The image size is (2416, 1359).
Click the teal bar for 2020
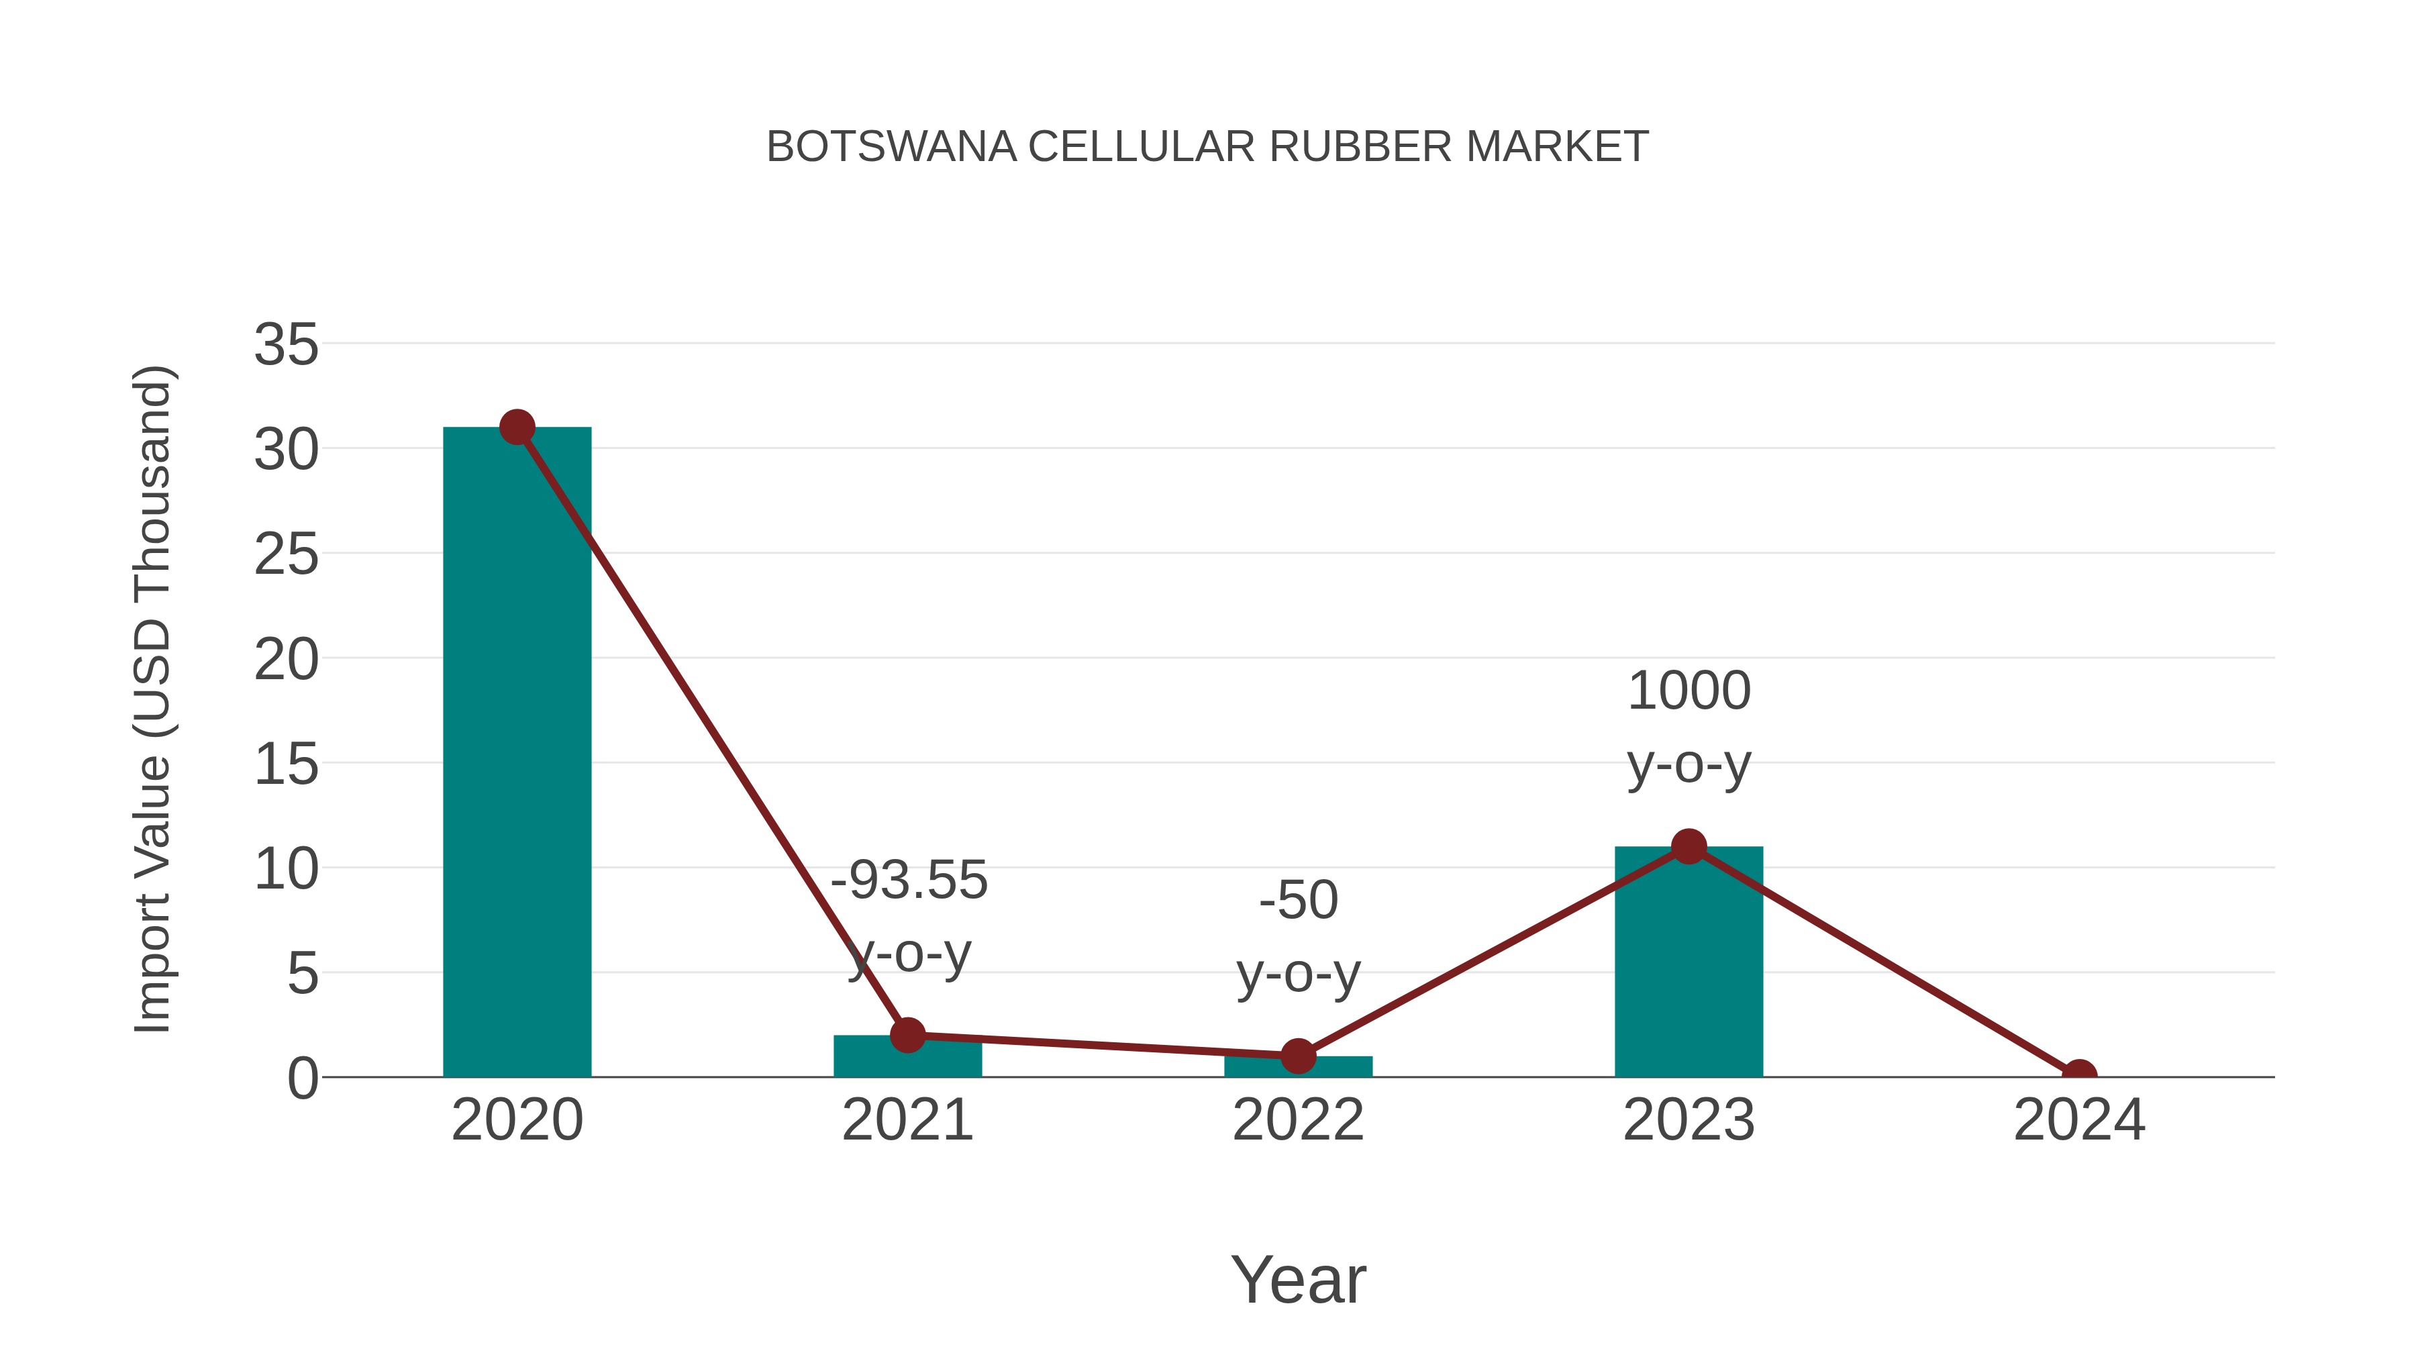pos(517,750)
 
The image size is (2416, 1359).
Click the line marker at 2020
pos(517,427)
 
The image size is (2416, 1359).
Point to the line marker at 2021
pos(907,1036)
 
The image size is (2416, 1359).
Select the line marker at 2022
pos(1298,1056)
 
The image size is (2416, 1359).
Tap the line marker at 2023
pos(1689,847)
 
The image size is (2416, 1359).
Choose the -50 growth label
pos(1298,901)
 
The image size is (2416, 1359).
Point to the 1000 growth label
pos(1689,691)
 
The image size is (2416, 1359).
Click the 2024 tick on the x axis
pos(2079,1120)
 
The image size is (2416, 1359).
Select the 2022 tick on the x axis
pos(1298,1120)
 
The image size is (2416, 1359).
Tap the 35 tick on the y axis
pos(286,344)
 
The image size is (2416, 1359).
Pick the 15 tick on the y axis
pos(286,764)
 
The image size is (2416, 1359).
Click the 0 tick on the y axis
pos(302,1078)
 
